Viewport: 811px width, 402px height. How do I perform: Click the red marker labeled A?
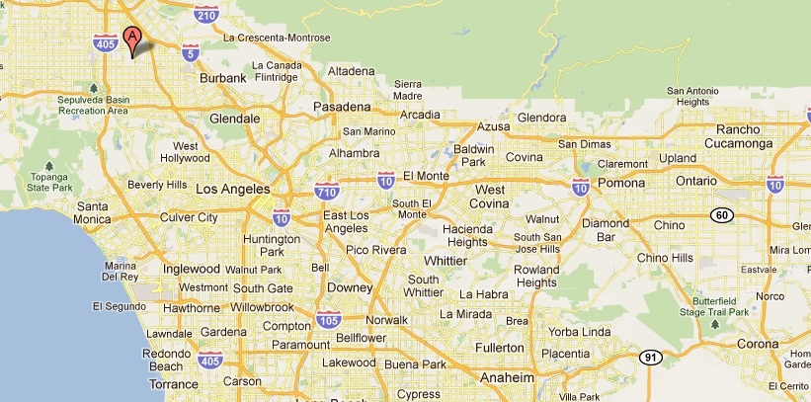point(133,40)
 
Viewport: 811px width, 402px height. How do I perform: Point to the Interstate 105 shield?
point(330,319)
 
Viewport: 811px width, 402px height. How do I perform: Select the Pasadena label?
point(342,107)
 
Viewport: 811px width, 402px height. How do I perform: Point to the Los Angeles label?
point(233,189)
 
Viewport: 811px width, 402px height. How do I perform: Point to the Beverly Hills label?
point(158,184)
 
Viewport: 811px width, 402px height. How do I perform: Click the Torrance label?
point(174,384)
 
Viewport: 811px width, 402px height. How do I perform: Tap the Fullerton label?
point(499,348)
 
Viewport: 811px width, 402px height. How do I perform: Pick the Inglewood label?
point(192,269)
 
